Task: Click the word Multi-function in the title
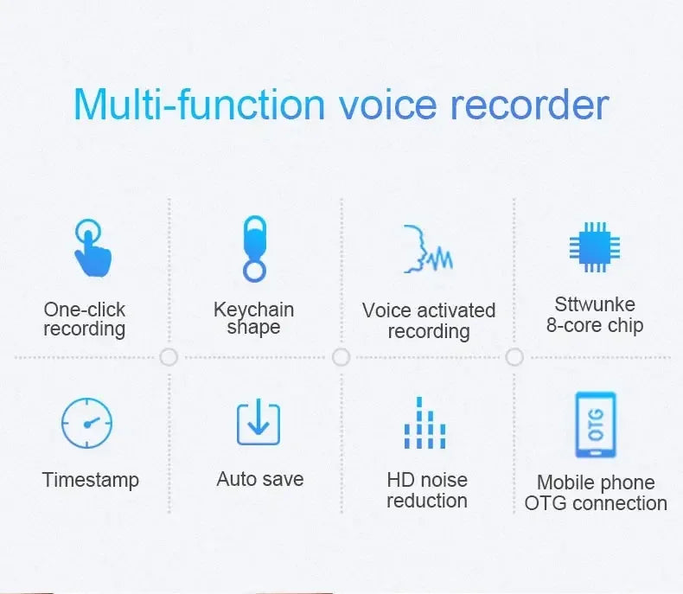coord(199,105)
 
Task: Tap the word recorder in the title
coord(529,105)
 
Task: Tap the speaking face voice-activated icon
coord(427,248)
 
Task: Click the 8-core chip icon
coord(595,247)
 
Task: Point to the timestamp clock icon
coord(86,423)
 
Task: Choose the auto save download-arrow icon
coord(259,423)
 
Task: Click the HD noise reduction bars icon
coord(425,423)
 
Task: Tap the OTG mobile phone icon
coord(596,425)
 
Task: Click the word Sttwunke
coord(595,304)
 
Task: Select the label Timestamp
coord(90,480)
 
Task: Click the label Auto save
coord(260,479)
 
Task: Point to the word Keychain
coord(253,309)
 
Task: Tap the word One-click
coord(84,309)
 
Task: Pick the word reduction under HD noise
coord(427,501)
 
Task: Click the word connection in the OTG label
coord(620,503)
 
